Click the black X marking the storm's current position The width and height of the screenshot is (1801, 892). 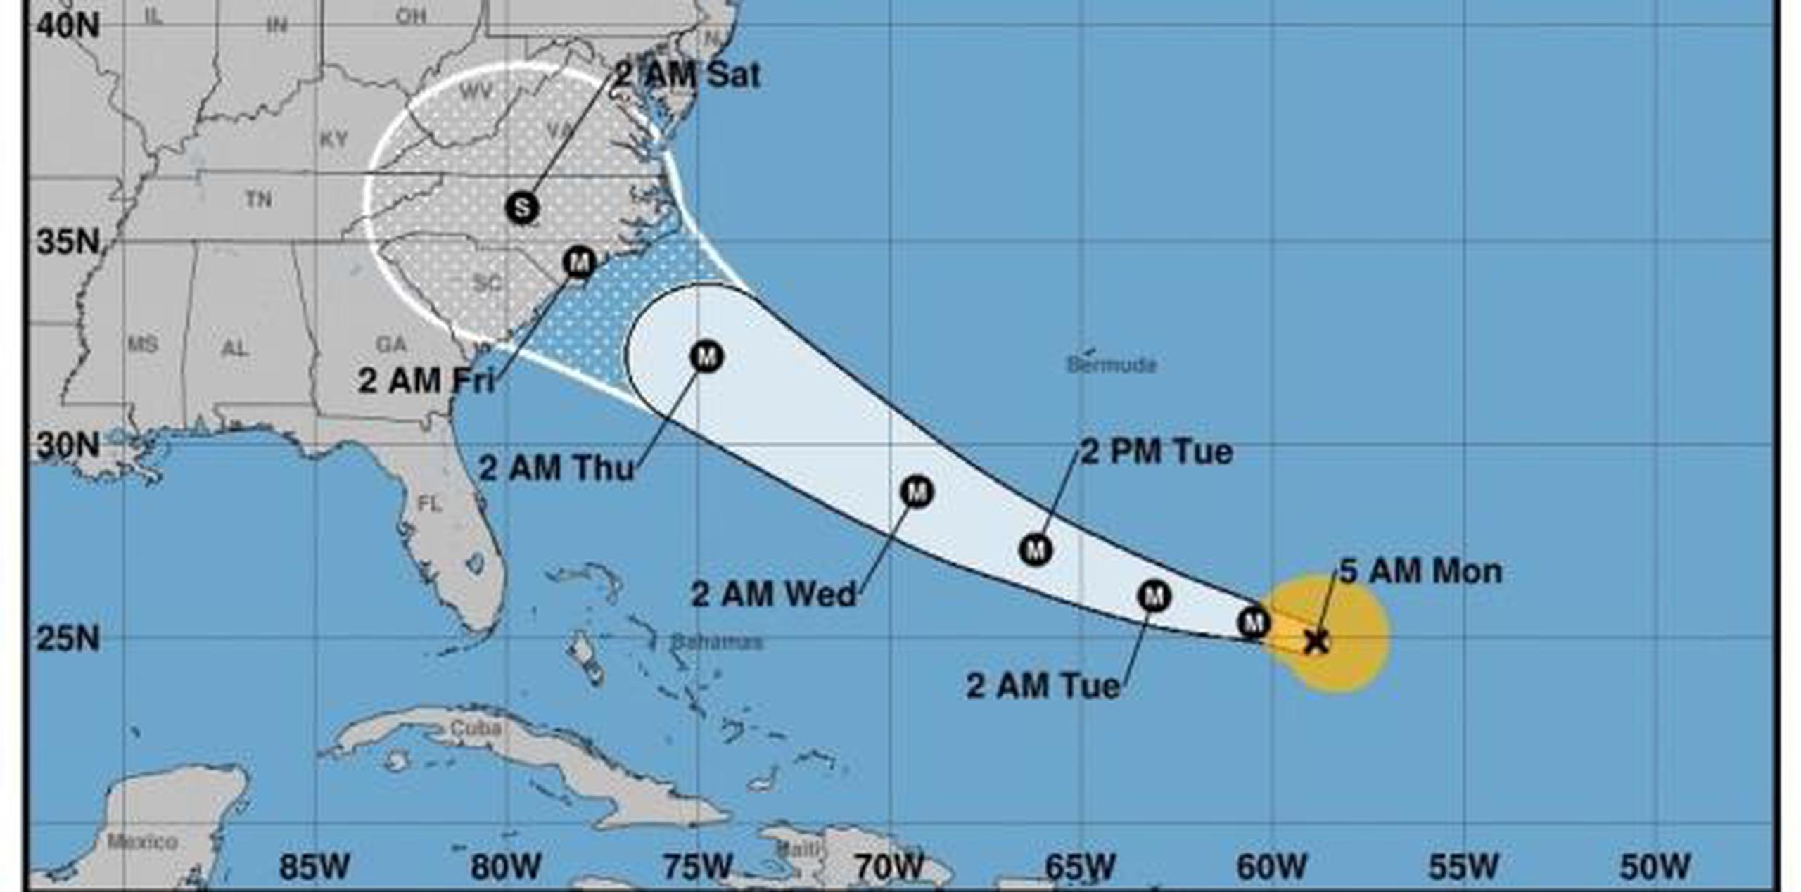[1316, 641]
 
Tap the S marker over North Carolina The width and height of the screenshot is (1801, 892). [522, 208]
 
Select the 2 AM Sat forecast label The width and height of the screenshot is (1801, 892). [687, 75]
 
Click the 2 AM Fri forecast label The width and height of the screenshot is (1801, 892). [426, 381]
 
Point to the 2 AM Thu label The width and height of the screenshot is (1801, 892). [556, 468]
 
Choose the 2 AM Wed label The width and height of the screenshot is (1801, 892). [773, 594]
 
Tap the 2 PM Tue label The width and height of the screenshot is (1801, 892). [1156, 452]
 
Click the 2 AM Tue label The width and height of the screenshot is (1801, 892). [1043, 686]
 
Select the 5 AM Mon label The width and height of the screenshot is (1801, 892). [1420, 571]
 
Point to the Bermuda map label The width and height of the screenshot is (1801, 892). [1112, 364]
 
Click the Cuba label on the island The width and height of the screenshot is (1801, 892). [476, 728]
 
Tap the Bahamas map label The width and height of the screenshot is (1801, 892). [716, 642]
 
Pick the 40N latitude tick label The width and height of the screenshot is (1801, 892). [68, 26]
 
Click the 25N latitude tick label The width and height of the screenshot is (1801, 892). [68, 639]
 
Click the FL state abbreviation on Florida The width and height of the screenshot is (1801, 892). [429, 504]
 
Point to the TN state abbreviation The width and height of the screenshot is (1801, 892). [258, 200]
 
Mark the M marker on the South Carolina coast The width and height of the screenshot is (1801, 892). [579, 262]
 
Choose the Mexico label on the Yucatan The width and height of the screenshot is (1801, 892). [141, 841]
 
